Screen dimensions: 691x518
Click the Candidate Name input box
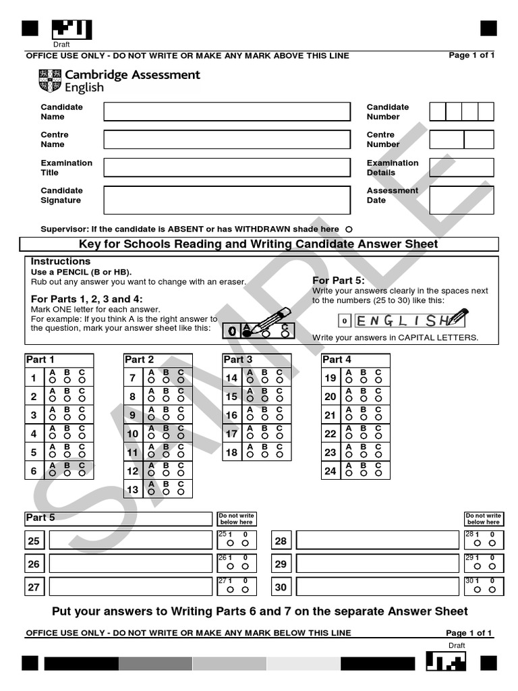point(227,111)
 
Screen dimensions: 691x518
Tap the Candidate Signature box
point(227,200)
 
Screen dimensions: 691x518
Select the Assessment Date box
point(461,200)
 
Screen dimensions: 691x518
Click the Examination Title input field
point(227,167)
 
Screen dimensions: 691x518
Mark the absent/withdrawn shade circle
point(349,229)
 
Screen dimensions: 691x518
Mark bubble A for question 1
point(52,381)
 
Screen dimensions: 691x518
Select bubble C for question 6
point(82,473)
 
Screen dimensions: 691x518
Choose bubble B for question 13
point(166,492)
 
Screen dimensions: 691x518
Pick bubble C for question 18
point(279,454)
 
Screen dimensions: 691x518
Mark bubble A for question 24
point(348,473)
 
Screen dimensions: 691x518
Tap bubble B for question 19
point(363,381)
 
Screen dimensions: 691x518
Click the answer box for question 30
point(378,587)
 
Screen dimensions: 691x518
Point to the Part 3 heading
point(238,360)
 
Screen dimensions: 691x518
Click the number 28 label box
point(281,541)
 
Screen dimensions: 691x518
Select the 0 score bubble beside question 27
point(246,590)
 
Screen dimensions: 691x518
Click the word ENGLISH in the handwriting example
point(401,320)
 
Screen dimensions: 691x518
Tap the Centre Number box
point(461,140)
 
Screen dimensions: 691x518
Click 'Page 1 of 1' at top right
point(471,55)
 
